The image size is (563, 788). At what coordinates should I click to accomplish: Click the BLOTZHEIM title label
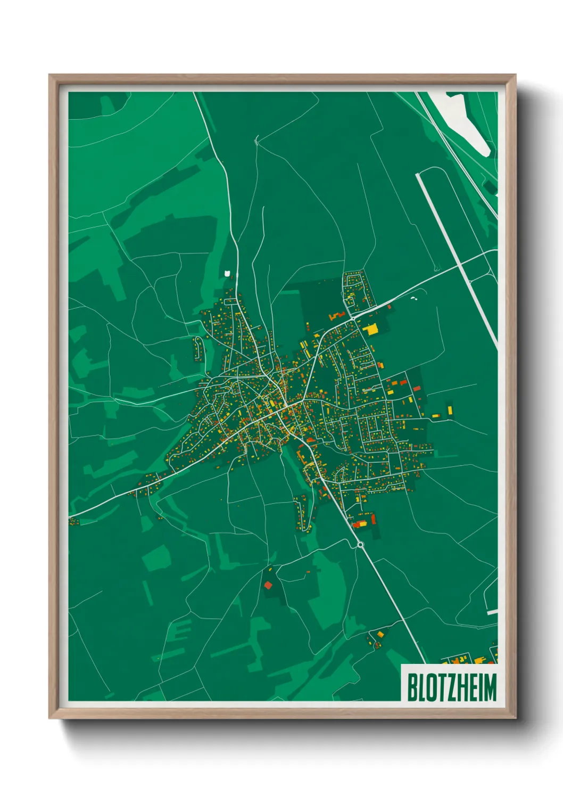452,687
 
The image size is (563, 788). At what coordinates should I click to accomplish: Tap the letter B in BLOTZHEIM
412,687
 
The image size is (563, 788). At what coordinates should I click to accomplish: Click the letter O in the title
430,687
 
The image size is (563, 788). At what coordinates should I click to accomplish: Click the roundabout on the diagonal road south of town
360,544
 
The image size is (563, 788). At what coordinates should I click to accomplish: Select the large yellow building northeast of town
370,329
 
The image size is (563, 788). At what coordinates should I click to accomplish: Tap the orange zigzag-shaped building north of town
337,316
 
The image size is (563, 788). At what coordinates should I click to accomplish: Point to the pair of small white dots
414,298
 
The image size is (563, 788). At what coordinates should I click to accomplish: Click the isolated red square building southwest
268,585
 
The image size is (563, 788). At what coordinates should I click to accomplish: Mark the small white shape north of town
229,273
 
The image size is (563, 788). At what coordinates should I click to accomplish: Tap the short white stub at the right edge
492,613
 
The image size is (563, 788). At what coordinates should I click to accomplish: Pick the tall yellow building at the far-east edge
450,410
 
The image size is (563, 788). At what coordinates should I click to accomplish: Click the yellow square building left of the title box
380,634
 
